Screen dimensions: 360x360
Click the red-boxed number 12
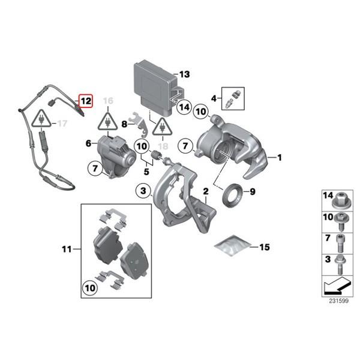[x=86, y=101]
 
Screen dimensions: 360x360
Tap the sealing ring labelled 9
[x=233, y=195]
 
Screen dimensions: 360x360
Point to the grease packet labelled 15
[x=232, y=245]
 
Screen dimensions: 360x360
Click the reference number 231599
[x=338, y=301]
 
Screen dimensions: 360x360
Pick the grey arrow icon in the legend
[x=337, y=286]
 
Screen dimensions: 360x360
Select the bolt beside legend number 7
[x=341, y=243]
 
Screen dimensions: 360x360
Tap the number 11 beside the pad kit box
[x=67, y=249]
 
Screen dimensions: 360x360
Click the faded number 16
[x=108, y=101]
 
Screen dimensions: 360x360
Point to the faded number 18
[x=163, y=146]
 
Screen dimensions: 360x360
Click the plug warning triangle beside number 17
[x=41, y=118]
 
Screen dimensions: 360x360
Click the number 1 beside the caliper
[x=280, y=158]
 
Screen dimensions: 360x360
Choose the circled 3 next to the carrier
[x=143, y=191]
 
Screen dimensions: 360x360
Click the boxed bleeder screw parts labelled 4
[x=233, y=98]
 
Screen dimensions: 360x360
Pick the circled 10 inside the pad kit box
[x=90, y=288]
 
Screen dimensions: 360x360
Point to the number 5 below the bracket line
[x=146, y=172]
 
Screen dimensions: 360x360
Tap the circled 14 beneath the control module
[x=184, y=107]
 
